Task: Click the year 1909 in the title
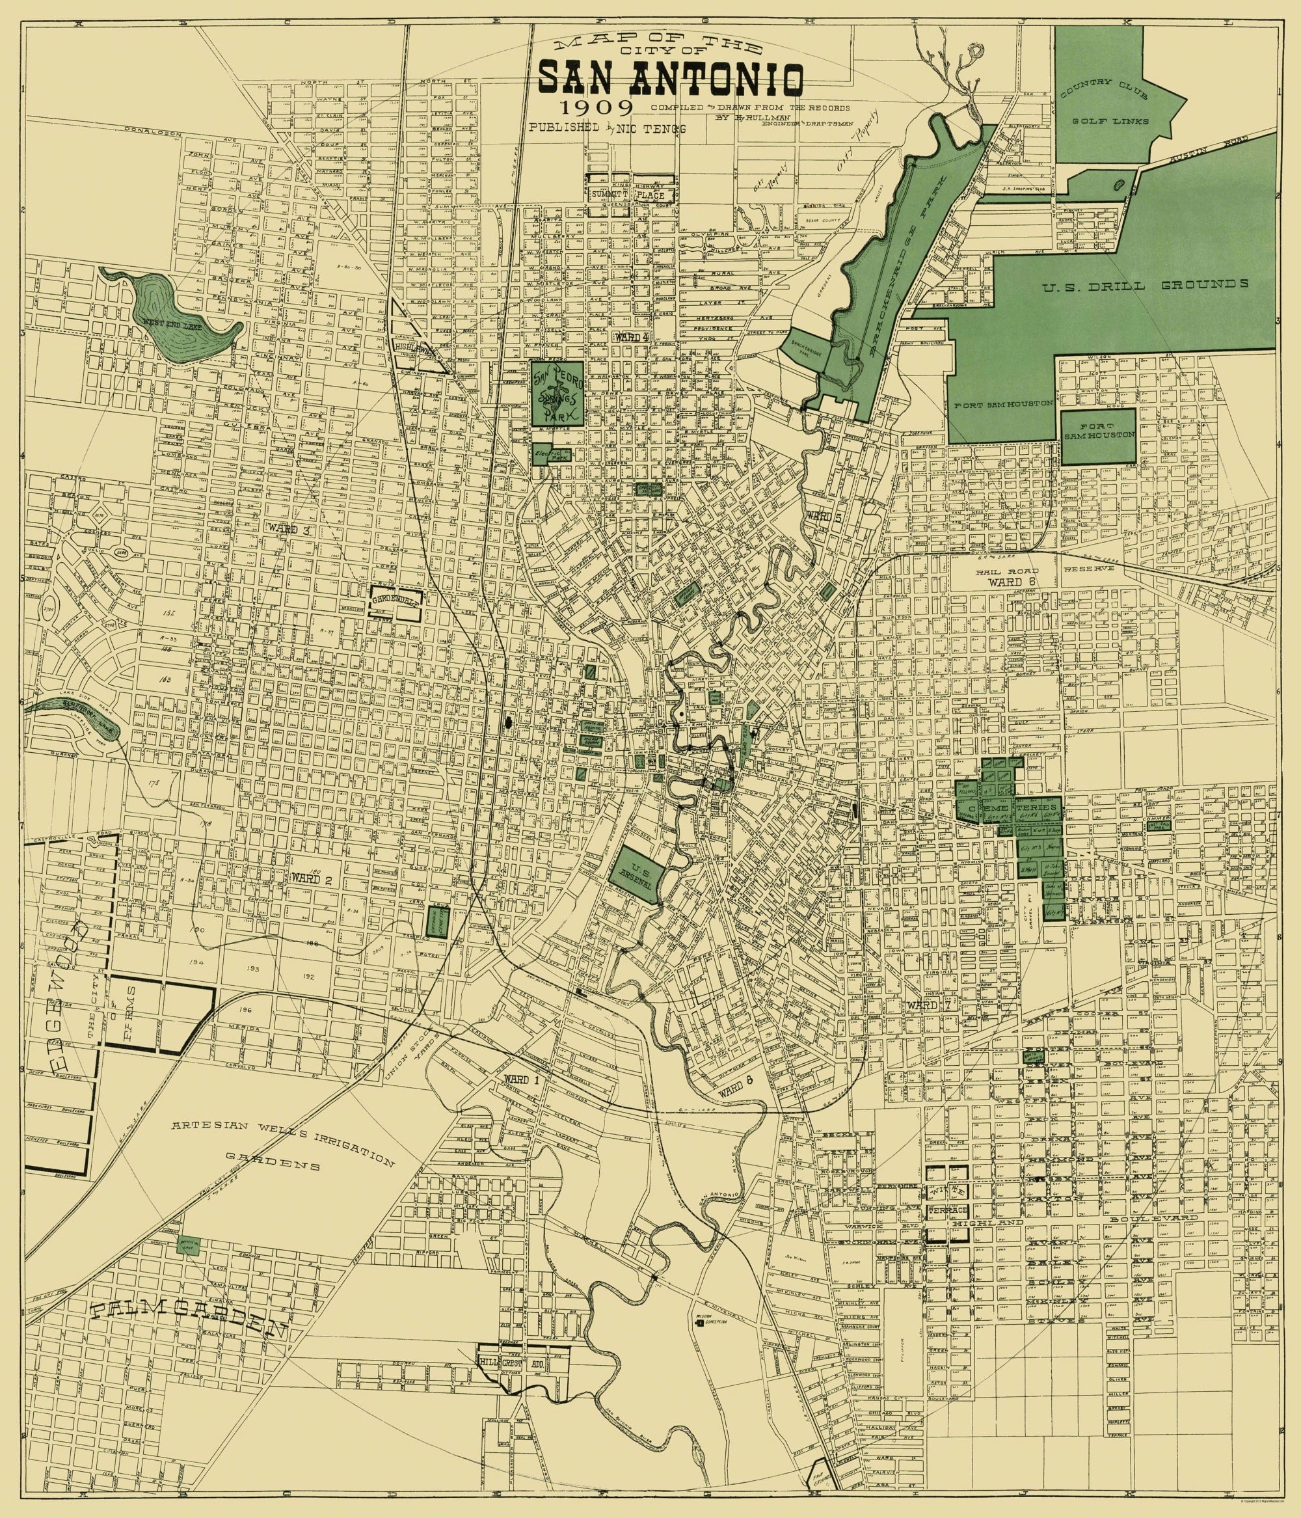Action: click(x=597, y=108)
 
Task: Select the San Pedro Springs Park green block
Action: click(x=557, y=393)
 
